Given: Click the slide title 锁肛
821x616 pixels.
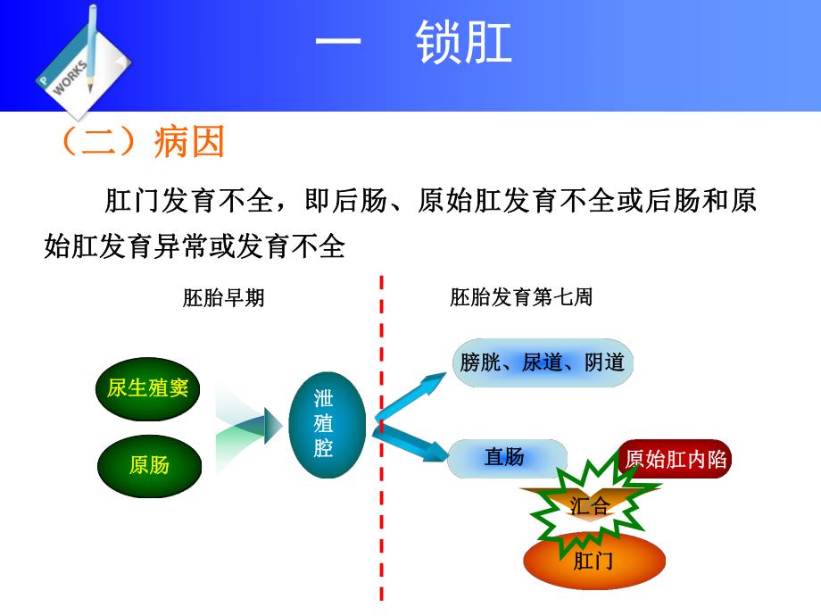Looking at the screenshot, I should click(465, 43).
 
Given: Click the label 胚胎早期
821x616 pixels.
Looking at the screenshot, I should click(223, 298).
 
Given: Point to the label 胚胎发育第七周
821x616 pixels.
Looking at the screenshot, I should click(521, 298).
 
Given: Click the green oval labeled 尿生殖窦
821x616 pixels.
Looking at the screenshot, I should click(148, 387).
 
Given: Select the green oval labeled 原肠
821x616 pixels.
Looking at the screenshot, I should click(148, 464).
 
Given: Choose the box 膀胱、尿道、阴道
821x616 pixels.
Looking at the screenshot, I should click(543, 362).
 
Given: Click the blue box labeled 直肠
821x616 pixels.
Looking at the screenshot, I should click(505, 458).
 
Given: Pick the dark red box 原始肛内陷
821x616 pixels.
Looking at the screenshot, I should click(676, 459).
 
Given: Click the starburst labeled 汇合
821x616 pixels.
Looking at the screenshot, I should click(590, 507).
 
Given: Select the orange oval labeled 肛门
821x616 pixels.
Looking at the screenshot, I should click(593, 560).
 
